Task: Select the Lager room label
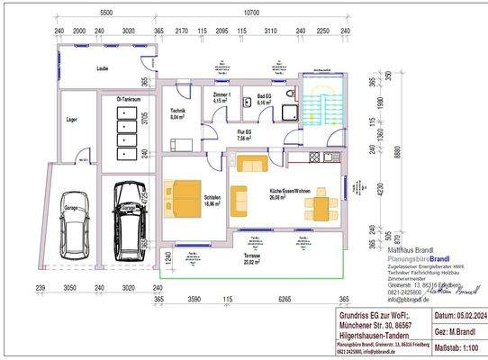(72, 118)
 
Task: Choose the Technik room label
(176, 113)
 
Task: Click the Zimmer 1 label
(221, 97)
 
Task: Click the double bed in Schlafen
(186, 197)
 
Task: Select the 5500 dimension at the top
(105, 13)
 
